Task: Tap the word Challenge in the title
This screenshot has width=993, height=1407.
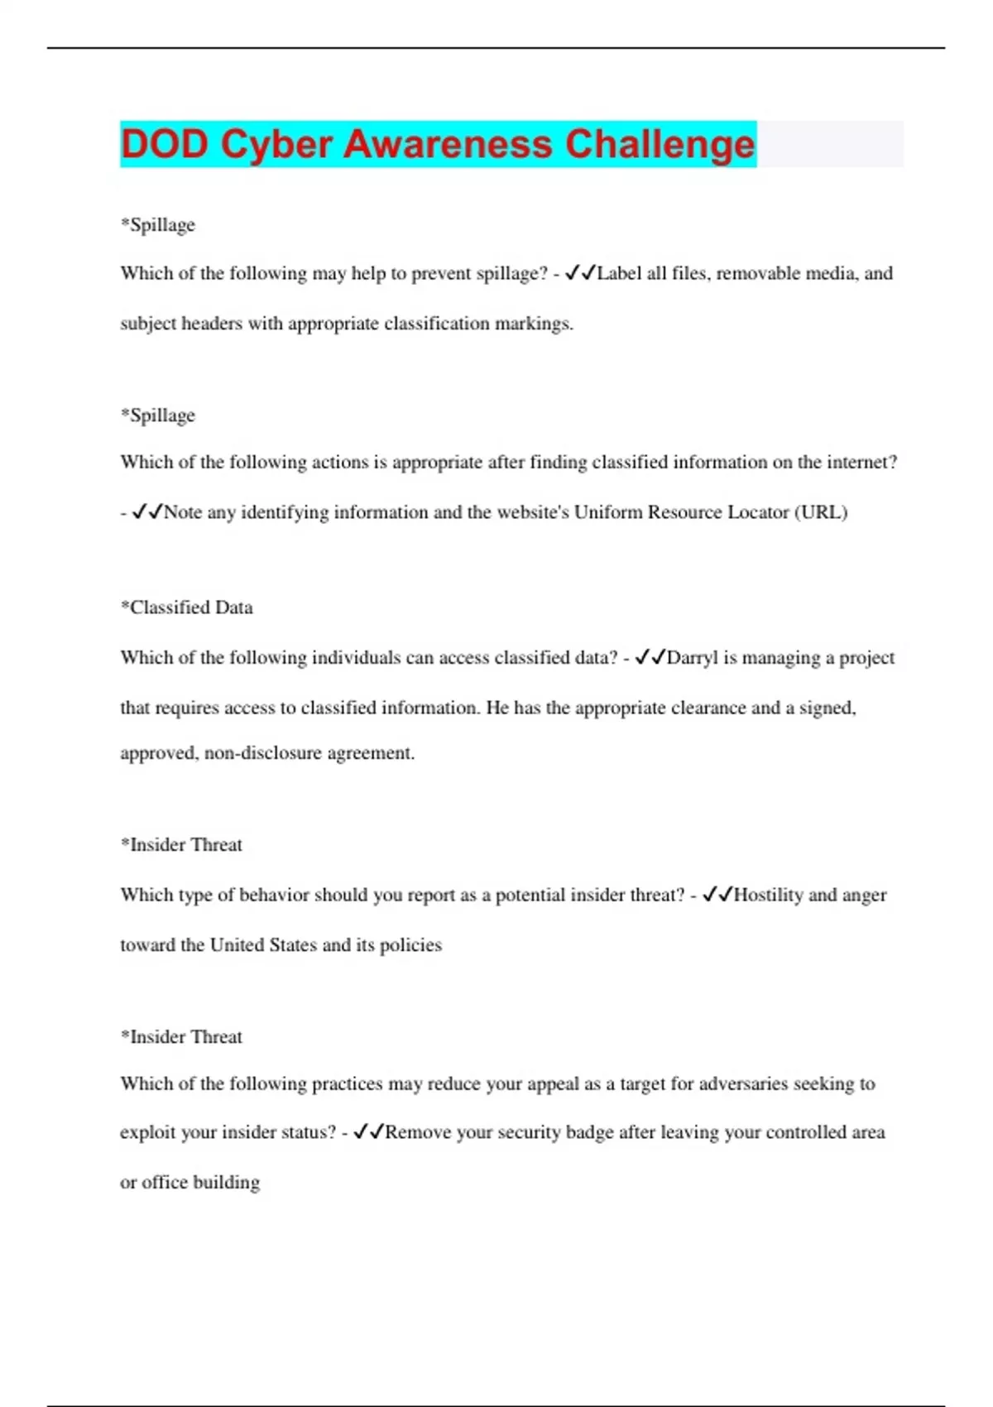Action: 660,144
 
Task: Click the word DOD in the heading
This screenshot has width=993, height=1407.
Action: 164,144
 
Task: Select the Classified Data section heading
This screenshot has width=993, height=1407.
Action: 187,607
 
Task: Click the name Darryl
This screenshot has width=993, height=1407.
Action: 693,658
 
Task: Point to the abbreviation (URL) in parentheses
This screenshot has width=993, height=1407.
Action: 821,512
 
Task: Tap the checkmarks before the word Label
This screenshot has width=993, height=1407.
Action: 580,273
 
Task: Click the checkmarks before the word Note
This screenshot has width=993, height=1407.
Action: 147,512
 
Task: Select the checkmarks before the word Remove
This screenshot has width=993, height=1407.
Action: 368,1132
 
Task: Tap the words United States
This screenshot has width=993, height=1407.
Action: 263,945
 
